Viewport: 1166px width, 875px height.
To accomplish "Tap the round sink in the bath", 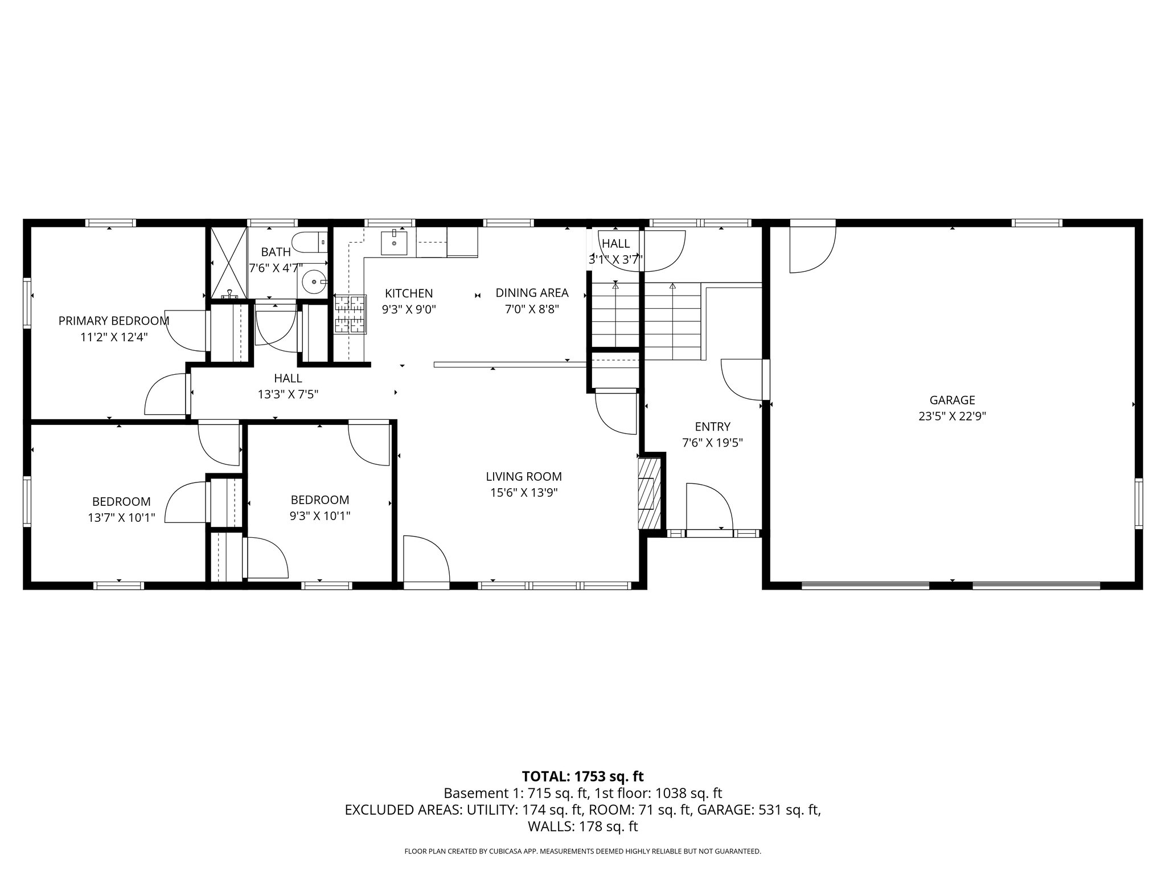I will (313, 281).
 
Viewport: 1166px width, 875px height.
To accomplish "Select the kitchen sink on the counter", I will (394, 243).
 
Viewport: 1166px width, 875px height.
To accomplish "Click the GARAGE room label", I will (952, 400).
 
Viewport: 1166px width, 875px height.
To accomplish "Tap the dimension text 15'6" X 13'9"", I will (523, 493).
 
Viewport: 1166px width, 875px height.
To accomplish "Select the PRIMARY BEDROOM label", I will (114, 321).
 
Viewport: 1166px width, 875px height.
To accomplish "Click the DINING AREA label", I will (532, 293).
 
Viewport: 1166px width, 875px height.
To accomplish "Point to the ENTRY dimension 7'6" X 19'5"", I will (712, 443).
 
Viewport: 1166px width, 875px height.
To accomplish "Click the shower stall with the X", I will (229, 263).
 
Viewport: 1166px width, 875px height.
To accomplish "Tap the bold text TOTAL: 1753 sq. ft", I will (582, 776).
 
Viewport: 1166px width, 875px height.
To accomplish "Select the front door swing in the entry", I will (708, 507).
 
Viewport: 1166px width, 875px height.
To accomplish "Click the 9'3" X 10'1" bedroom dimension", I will (319, 516).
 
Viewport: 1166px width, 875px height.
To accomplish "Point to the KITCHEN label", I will (409, 293).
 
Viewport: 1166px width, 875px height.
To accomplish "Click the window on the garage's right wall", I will (1138, 504).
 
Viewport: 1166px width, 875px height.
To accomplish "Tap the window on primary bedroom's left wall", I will (27, 302).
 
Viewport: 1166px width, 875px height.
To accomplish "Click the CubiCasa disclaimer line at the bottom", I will (582, 851).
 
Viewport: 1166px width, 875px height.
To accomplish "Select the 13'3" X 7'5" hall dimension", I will (288, 394).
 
